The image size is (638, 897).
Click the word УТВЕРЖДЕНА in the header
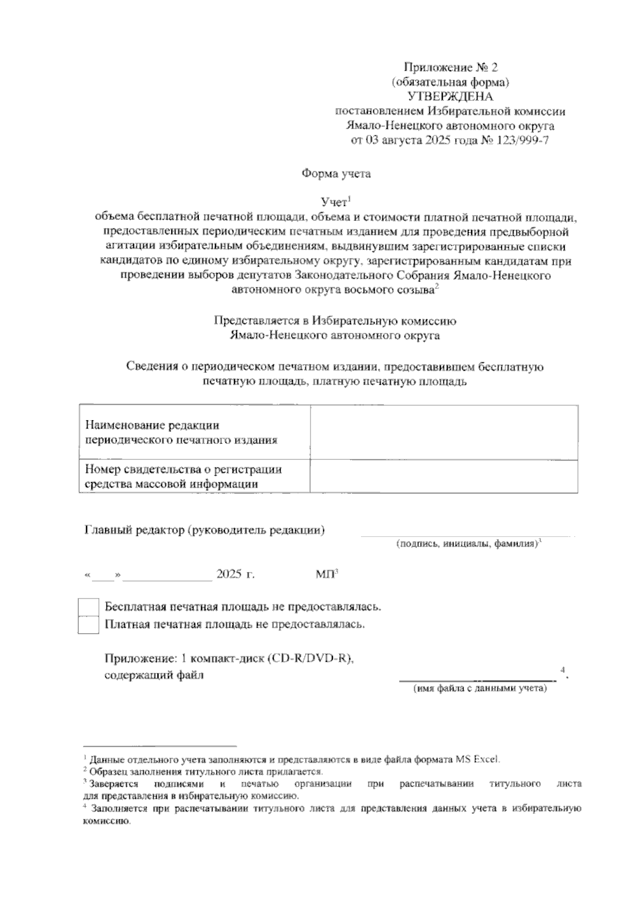[x=450, y=97]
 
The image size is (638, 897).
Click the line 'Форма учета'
[x=336, y=174]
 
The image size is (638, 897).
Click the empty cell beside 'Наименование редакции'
[x=444, y=432]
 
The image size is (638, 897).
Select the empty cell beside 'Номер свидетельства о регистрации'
[x=444, y=476]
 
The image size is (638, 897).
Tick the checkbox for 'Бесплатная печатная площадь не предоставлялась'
[x=88, y=607]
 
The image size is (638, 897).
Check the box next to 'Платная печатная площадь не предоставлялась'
[x=88, y=625]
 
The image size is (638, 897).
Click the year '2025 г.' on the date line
[x=235, y=575]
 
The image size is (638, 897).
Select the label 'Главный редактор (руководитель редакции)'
[x=205, y=530]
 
